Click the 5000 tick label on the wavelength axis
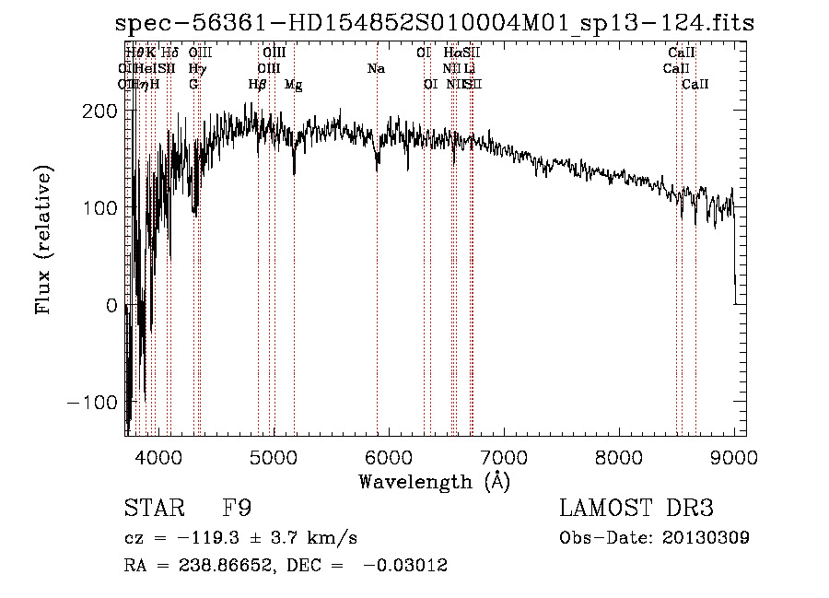click(273, 456)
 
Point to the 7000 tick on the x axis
click(503, 456)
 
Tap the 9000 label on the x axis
click(734, 456)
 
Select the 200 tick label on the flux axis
click(99, 111)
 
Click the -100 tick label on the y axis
click(92, 403)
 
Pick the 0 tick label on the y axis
click(111, 305)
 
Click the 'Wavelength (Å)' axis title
click(434, 481)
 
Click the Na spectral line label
click(376, 68)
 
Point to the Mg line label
click(293, 84)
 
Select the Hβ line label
click(258, 84)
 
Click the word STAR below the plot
click(153, 509)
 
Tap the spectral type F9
click(238, 509)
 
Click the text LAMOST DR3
click(636, 509)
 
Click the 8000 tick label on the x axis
click(618, 456)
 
